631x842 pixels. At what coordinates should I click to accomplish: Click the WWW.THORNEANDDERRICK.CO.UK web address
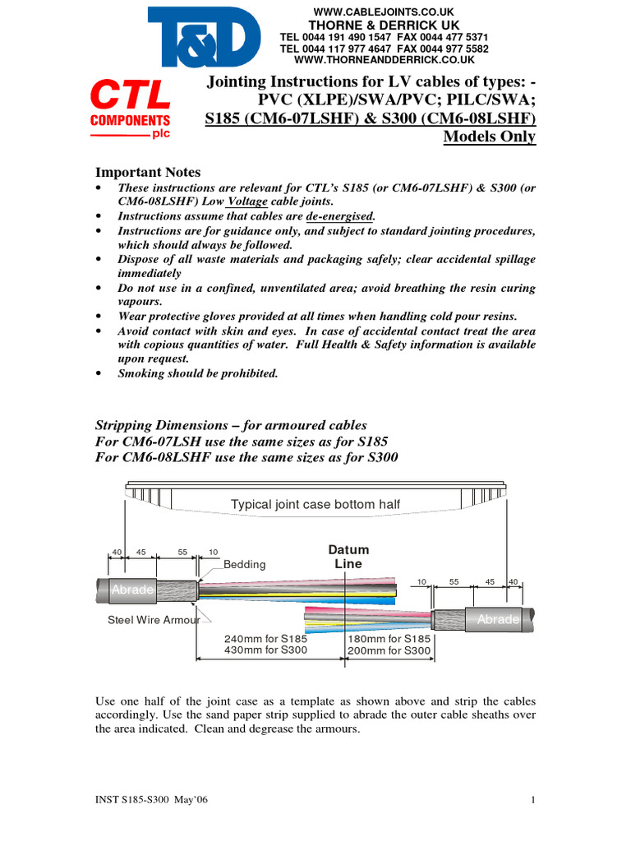point(384,61)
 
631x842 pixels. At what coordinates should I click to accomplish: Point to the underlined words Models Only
point(489,136)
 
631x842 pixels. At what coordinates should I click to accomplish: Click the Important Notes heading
point(148,172)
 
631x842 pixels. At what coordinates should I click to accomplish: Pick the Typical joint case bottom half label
point(316,504)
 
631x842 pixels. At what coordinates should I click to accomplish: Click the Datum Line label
point(348,557)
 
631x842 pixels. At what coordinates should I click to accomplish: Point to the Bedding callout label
point(245,565)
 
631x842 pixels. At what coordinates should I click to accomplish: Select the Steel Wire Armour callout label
point(154,620)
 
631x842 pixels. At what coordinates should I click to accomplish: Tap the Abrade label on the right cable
point(499,620)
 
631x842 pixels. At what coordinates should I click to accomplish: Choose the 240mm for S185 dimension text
point(265,639)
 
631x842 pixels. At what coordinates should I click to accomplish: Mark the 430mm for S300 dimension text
point(265,650)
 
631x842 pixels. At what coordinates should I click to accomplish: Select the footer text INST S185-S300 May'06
point(153,800)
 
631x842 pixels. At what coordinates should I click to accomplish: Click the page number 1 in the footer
point(533,800)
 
